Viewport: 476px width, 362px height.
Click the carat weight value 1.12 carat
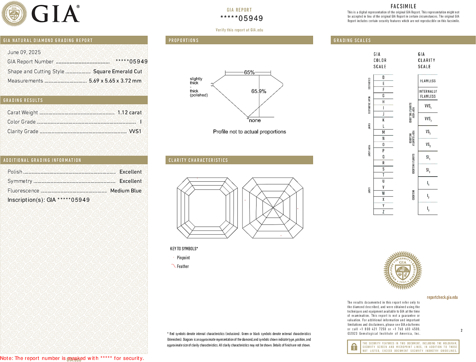[x=129, y=113]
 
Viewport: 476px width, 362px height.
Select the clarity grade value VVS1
[x=135, y=131]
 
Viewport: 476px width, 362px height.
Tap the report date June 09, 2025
[x=24, y=52]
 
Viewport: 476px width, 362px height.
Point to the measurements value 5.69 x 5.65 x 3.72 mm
[x=115, y=81]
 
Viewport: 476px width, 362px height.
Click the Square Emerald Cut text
[x=117, y=72]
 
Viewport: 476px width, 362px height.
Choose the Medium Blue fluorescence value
[x=126, y=191]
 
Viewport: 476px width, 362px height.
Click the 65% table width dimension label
[x=249, y=73]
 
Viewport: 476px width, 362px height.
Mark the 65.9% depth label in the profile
[x=258, y=91]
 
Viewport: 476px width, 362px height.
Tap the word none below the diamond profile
[x=255, y=120]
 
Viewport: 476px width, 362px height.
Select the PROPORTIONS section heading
[x=183, y=40]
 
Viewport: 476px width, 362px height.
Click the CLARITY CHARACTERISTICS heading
[x=198, y=160]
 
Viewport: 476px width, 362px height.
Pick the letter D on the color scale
[x=383, y=77]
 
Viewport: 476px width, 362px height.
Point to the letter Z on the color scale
[x=383, y=212]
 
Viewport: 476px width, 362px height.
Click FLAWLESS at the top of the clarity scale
[x=428, y=81]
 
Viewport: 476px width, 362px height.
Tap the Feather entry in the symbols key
[x=183, y=267]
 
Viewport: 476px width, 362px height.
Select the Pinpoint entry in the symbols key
[x=183, y=258]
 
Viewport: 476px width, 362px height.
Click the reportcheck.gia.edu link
[x=442, y=297]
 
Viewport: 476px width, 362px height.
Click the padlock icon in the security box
[x=354, y=347]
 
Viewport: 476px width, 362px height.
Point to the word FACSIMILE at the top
[x=403, y=6]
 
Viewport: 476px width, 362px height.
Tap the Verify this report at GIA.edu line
[x=239, y=30]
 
